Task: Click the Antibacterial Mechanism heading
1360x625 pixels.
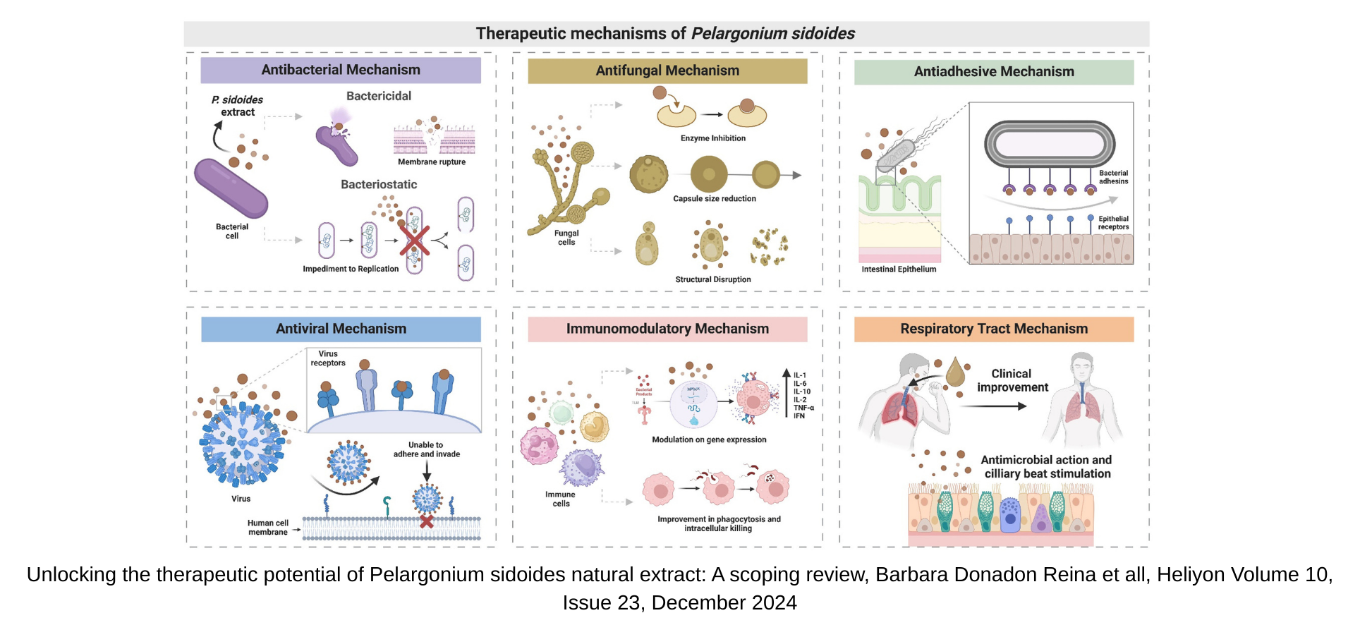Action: click(x=341, y=70)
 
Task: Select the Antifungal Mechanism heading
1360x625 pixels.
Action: click(x=667, y=71)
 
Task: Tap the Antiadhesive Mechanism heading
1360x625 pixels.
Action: click(x=994, y=71)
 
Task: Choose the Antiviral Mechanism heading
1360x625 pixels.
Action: click(x=341, y=329)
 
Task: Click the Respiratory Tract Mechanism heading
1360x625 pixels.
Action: click(x=994, y=329)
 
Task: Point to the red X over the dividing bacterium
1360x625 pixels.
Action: click(x=415, y=240)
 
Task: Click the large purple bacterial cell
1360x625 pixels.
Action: click(x=231, y=188)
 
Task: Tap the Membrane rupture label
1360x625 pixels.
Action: click(x=432, y=162)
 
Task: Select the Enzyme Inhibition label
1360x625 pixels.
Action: click(x=712, y=138)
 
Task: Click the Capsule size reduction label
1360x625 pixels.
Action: click(x=714, y=199)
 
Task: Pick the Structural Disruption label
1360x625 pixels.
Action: click(x=712, y=279)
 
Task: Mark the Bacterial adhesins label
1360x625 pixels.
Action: click(x=1113, y=177)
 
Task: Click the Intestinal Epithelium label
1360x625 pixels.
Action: click(x=899, y=269)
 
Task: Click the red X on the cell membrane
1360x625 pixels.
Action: click(x=427, y=521)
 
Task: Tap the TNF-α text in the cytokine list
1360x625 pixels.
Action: click(x=803, y=408)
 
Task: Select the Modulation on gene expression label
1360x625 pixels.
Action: click(x=709, y=439)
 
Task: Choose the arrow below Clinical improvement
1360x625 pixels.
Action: click(x=993, y=406)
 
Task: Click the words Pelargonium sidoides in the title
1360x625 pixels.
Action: click(x=772, y=33)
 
